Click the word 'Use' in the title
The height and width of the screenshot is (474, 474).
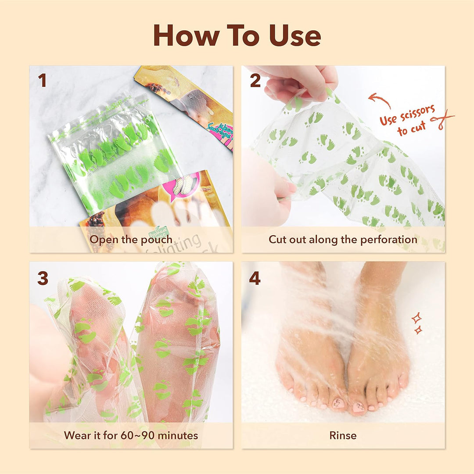click(295, 36)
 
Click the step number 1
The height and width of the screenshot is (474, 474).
click(42, 81)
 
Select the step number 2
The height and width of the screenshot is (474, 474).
click(255, 81)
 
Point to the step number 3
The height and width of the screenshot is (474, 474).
click(43, 278)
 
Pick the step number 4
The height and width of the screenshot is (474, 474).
click(255, 278)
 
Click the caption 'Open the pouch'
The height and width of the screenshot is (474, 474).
click(131, 240)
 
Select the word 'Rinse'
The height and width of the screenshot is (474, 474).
click(343, 435)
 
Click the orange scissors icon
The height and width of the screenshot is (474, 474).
click(441, 120)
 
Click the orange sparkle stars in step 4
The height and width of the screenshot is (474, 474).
click(417, 323)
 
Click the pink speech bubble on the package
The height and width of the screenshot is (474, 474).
click(190, 180)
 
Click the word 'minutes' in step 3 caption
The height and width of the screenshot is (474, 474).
click(178, 435)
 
